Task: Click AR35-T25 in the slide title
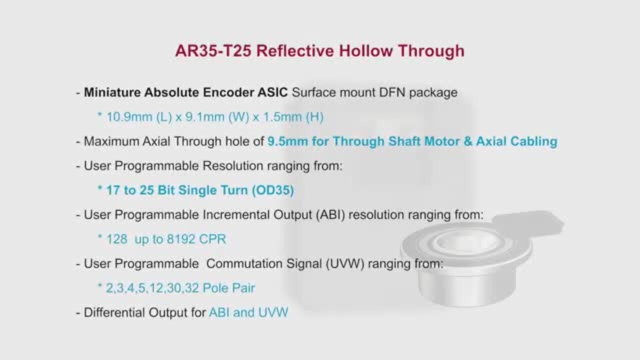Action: point(213,51)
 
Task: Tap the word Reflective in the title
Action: point(295,51)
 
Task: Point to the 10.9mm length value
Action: point(129,117)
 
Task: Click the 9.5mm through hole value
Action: point(287,141)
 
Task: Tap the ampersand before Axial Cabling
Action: point(467,141)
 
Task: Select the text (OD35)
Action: point(273,190)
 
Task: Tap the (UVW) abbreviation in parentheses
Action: point(345,263)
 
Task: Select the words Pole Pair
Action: point(228,288)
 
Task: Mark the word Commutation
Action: point(244,263)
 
